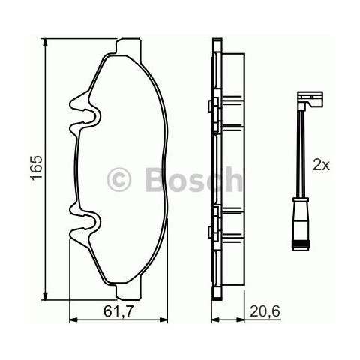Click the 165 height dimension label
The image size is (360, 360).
tap(36, 167)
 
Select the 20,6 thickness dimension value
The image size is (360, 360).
tap(265, 311)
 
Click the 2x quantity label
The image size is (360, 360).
tap(322, 165)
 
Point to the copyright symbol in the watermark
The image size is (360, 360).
tap(119, 179)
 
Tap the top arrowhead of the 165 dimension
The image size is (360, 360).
tap(45, 43)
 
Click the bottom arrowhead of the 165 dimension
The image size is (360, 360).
tap(45, 295)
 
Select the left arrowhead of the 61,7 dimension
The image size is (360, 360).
tap(73, 319)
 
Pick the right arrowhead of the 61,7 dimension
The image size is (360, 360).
tap(163, 319)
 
